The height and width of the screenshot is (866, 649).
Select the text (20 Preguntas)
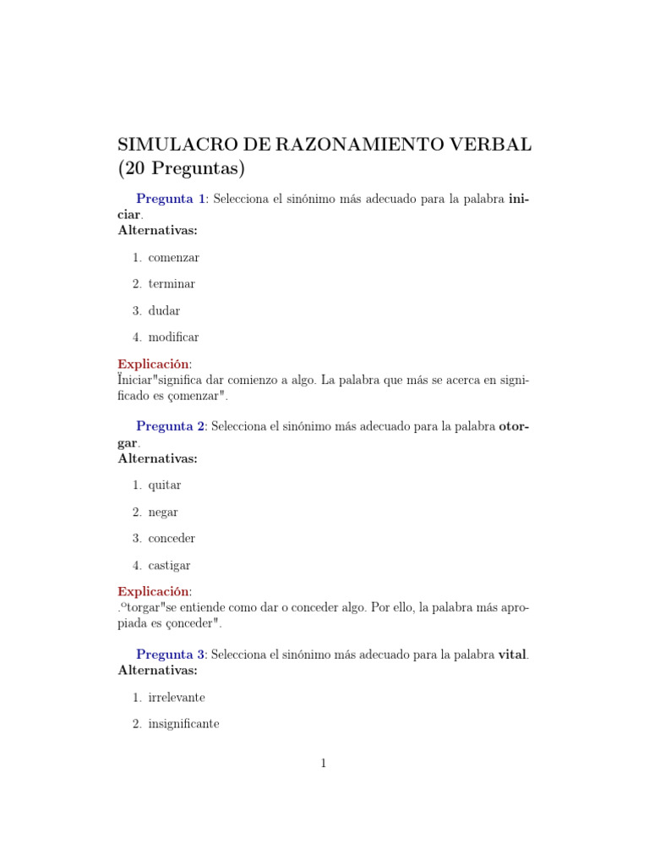(x=181, y=169)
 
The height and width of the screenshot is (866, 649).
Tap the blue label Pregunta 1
(x=171, y=199)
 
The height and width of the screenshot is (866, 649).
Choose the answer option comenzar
(x=173, y=257)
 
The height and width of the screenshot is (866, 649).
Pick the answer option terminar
(x=172, y=284)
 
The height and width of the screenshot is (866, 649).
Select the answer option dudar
(x=164, y=310)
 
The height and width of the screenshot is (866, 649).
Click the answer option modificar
(x=173, y=337)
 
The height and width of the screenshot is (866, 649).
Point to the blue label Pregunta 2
(x=171, y=426)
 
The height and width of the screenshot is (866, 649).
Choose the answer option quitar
(x=164, y=485)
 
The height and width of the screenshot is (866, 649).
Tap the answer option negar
(x=163, y=512)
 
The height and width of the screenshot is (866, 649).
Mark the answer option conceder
(x=172, y=539)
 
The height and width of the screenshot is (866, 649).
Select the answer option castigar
(x=169, y=565)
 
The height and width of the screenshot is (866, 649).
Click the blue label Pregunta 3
(x=171, y=654)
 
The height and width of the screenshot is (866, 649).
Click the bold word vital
(x=513, y=654)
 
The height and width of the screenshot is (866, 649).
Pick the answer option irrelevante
(x=177, y=698)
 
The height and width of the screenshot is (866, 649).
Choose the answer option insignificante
(x=183, y=724)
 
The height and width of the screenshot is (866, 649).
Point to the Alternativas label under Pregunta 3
(x=157, y=670)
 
